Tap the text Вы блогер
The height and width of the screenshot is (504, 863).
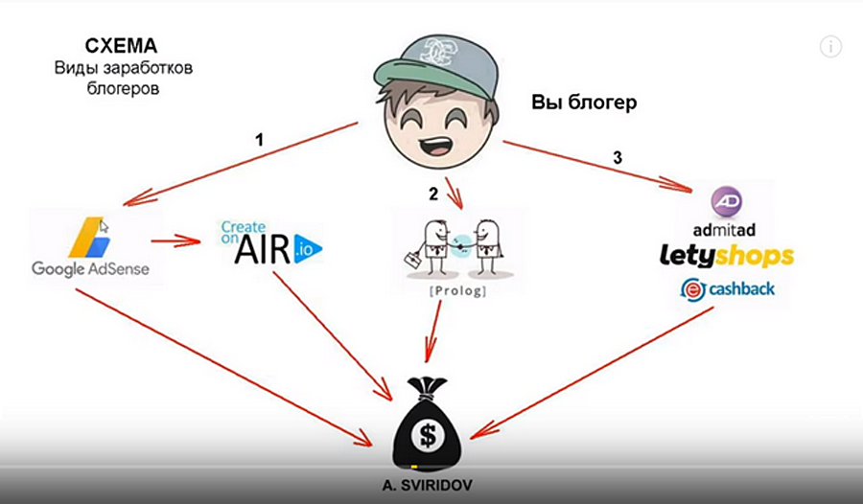click(584, 102)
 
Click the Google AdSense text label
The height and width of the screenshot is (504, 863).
click(90, 268)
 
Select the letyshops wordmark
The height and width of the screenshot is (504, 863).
click(725, 256)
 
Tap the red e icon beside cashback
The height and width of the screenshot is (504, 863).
click(691, 289)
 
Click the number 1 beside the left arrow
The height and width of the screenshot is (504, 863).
click(259, 140)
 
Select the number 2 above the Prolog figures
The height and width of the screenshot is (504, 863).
click(433, 194)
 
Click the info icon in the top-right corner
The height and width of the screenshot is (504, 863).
click(830, 46)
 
